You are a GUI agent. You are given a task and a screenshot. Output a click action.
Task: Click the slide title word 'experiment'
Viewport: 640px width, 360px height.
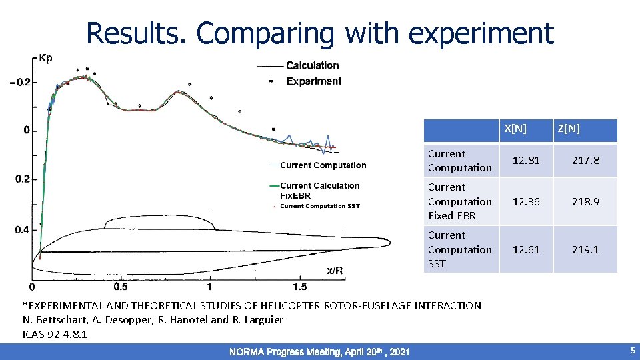481,33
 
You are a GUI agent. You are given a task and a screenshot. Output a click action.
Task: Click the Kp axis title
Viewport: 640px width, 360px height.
45,58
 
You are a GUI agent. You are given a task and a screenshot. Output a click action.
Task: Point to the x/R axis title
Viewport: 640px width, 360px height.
335,270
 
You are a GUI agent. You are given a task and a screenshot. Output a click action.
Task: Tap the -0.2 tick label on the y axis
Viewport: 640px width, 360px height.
19,82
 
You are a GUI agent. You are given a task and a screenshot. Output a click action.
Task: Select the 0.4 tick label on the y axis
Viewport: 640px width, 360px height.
21,230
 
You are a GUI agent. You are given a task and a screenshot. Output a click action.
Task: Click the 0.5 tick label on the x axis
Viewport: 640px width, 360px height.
121,287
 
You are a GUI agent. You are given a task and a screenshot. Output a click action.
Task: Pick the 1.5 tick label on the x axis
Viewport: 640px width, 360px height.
299,287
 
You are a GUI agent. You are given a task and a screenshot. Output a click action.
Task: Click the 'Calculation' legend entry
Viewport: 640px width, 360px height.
312,65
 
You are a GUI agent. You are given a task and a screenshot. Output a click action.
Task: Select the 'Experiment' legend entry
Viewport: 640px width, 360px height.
313,81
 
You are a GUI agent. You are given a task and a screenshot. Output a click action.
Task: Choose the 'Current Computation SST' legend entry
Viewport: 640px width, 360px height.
319,206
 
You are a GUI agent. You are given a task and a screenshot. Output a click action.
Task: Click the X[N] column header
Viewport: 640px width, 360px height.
515,129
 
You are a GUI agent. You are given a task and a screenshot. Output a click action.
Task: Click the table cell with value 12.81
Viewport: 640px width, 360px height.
525,161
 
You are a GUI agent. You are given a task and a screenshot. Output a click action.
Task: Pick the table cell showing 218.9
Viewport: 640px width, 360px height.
585,201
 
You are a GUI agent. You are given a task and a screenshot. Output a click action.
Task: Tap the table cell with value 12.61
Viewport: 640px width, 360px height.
525,249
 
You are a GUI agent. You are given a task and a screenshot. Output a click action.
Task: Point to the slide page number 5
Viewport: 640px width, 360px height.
632,351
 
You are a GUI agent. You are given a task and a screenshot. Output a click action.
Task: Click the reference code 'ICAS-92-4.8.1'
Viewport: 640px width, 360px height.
55,334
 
